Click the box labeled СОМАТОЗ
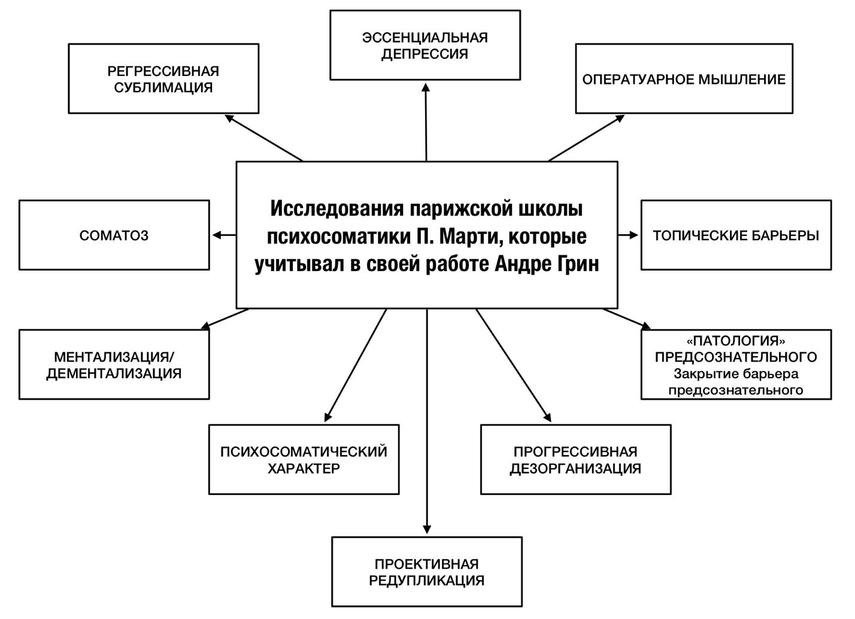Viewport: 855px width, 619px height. [114, 235]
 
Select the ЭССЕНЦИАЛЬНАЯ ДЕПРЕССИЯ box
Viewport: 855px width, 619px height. [425, 45]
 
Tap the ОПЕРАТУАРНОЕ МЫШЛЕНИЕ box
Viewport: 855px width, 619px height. [684, 79]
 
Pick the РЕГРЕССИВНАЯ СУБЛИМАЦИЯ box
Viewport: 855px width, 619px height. [163, 79]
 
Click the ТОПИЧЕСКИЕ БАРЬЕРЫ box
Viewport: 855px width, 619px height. [736, 235]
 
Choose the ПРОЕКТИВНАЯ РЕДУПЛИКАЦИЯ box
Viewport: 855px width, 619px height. [426, 572]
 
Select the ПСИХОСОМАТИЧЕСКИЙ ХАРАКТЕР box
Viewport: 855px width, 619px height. [304, 460]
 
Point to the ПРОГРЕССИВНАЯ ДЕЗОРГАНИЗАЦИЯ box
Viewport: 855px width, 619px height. [575, 460]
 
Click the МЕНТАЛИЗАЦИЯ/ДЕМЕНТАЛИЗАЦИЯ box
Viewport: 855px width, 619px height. [114, 365]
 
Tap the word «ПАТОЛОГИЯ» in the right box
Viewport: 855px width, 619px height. [736, 341]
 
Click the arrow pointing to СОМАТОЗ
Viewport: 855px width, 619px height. [224, 235]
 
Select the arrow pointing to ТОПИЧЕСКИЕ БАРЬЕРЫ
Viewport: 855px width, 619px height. [629, 235]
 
